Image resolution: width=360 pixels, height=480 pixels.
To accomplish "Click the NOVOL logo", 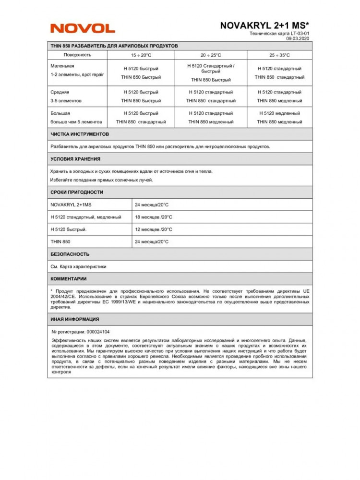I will [x=83, y=28].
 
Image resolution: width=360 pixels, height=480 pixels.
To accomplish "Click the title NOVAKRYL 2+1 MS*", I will [x=264, y=25].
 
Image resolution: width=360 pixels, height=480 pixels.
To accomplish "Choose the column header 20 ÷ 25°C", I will [x=211, y=55].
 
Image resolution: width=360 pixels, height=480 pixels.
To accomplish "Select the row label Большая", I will [x=60, y=113].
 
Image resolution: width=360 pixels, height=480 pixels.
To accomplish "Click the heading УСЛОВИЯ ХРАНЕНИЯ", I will [x=75, y=159].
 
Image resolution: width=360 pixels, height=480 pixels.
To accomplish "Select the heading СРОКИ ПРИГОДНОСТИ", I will [x=77, y=192].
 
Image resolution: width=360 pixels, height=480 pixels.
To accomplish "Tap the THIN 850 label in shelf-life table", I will [x=60, y=242].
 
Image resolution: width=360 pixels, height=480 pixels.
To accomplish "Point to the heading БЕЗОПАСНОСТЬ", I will [x=70, y=254].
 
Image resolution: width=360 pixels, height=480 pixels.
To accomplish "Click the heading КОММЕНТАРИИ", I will [x=69, y=278].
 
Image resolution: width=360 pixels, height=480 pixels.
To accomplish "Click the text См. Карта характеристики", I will [x=78, y=266].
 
